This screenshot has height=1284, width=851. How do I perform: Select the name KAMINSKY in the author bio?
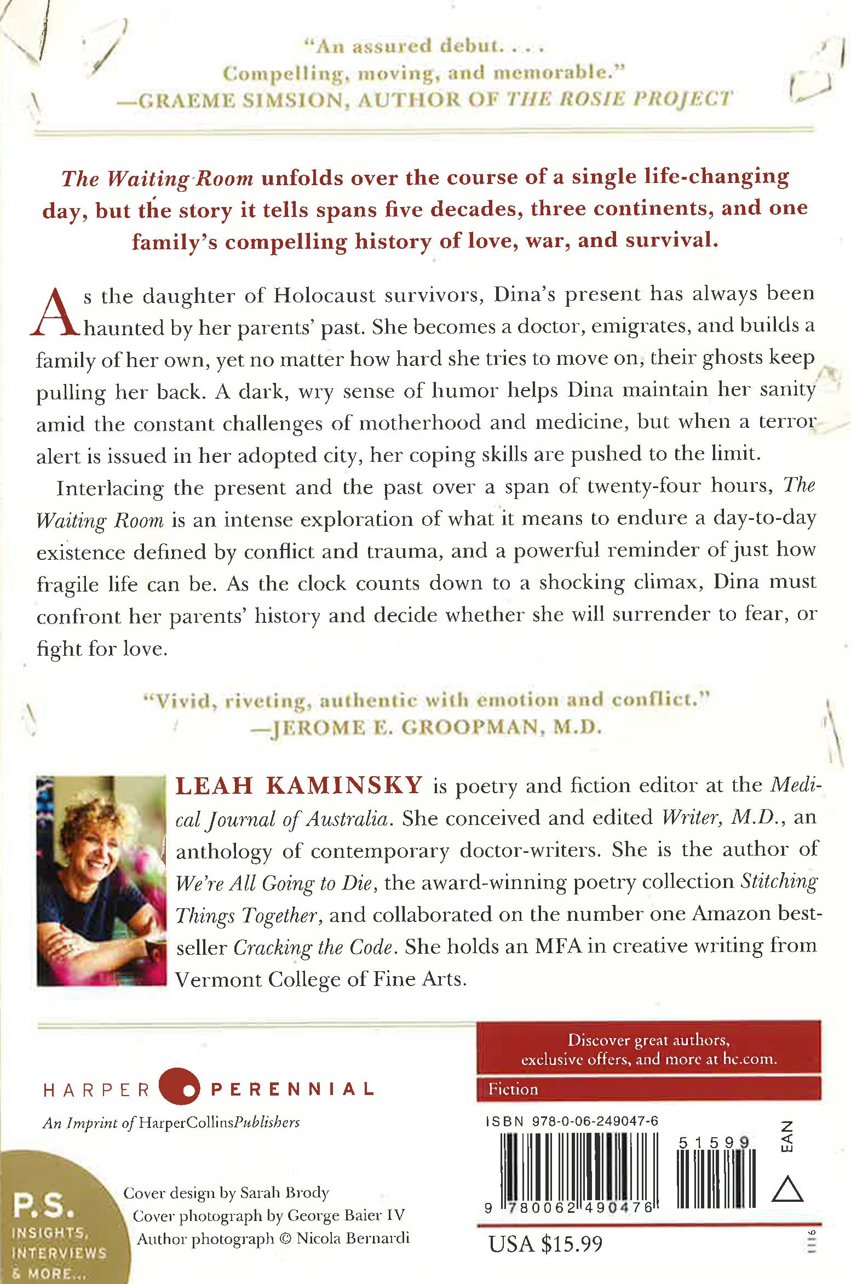[x=344, y=786]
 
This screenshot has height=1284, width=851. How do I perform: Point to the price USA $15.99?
[x=545, y=1243]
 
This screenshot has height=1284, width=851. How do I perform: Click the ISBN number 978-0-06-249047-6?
[x=595, y=1122]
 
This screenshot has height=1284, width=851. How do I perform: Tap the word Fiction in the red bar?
[x=513, y=1089]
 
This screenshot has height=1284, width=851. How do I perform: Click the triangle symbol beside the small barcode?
[x=787, y=1189]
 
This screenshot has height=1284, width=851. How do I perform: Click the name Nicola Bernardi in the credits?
[x=353, y=1239]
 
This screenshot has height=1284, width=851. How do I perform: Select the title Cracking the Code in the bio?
[x=313, y=948]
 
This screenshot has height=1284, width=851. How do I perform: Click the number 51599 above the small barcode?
[x=714, y=1143]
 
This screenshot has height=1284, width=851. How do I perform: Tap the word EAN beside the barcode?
[x=786, y=1137]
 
